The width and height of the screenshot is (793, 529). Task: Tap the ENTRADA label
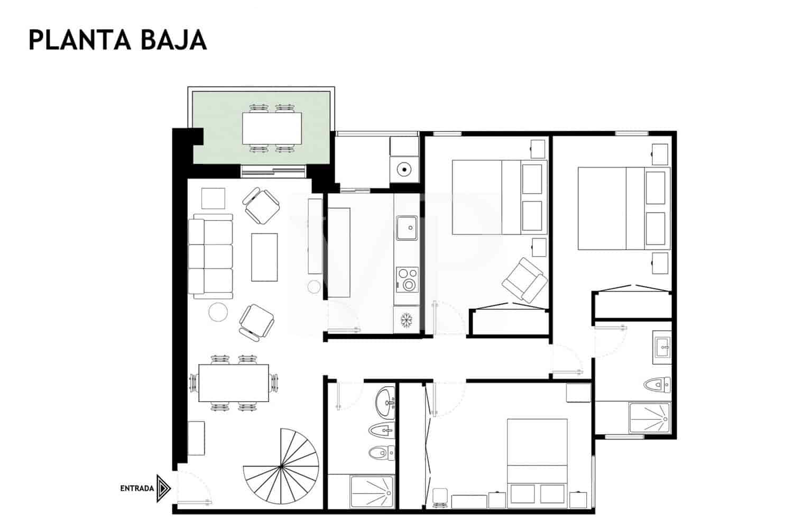(x=137, y=488)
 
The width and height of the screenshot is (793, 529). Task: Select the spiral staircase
(x=282, y=466)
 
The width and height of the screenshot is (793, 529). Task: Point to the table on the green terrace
(x=272, y=128)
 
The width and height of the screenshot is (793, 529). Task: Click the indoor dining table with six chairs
(x=233, y=383)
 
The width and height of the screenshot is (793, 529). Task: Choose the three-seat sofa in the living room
(x=211, y=256)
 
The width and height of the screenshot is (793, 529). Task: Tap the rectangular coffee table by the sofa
(x=264, y=257)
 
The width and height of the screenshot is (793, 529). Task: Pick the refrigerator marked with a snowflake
(x=407, y=320)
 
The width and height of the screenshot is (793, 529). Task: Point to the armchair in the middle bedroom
(x=524, y=280)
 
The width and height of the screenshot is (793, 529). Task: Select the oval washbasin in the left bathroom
(x=385, y=402)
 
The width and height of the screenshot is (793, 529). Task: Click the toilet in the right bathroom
(x=658, y=384)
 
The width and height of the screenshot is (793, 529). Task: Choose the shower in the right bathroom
(x=649, y=419)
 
